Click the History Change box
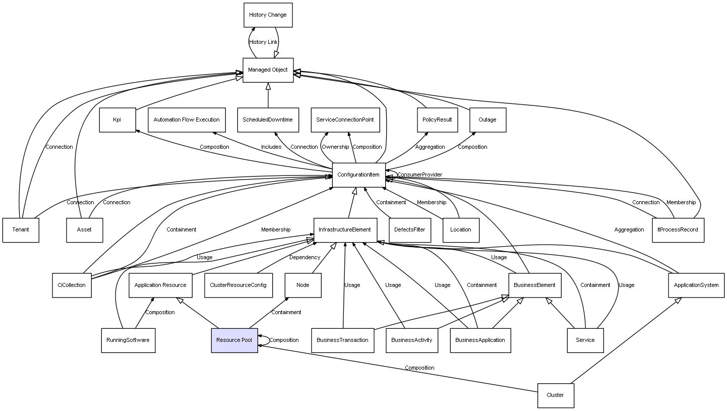[x=268, y=15]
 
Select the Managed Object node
[x=268, y=70]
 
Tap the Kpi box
[x=117, y=120]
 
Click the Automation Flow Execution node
[x=187, y=120]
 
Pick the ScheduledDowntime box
[x=268, y=120]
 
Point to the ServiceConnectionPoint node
[x=345, y=120]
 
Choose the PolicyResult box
[x=437, y=120]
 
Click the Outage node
[x=488, y=120]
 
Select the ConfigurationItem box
[x=358, y=175]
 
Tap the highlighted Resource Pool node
[x=234, y=340]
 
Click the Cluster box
[x=555, y=395]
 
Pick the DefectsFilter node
[x=409, y=230]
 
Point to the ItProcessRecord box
[x=678, y=230]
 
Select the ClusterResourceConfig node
[x=238, y=285]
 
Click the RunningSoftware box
[x=128, y=340]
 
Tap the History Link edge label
[x=263, y=42]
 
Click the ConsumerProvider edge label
[x=419, y=175]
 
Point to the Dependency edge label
[x=305, y=258]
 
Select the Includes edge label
[x=271, y=147]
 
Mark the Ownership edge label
[x=335, y=147]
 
